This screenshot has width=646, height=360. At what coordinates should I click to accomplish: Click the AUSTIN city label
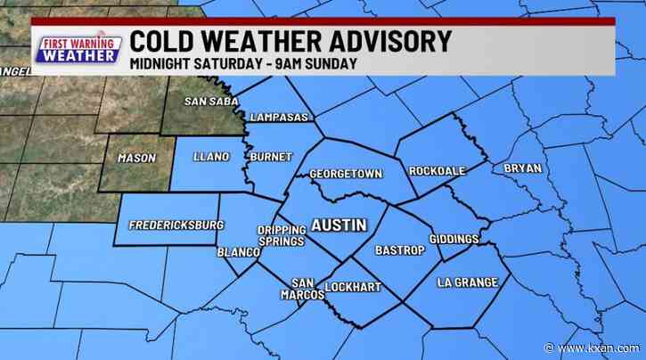tap(338, 225)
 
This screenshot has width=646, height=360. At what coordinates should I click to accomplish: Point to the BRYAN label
tap(522, 168)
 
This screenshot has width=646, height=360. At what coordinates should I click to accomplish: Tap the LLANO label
tap(211, 157)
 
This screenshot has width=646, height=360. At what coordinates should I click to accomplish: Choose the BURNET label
tap(271, 157)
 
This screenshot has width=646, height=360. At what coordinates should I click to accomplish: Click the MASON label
tap(136, 158)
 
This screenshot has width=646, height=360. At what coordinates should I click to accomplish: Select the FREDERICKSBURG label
tap(176, 225)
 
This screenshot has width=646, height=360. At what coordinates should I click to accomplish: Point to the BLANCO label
tap(238, 253)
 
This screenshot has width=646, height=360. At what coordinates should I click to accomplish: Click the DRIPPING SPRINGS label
tap(281, 235)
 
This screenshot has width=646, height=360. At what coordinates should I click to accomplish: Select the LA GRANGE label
tap(463, 282)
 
